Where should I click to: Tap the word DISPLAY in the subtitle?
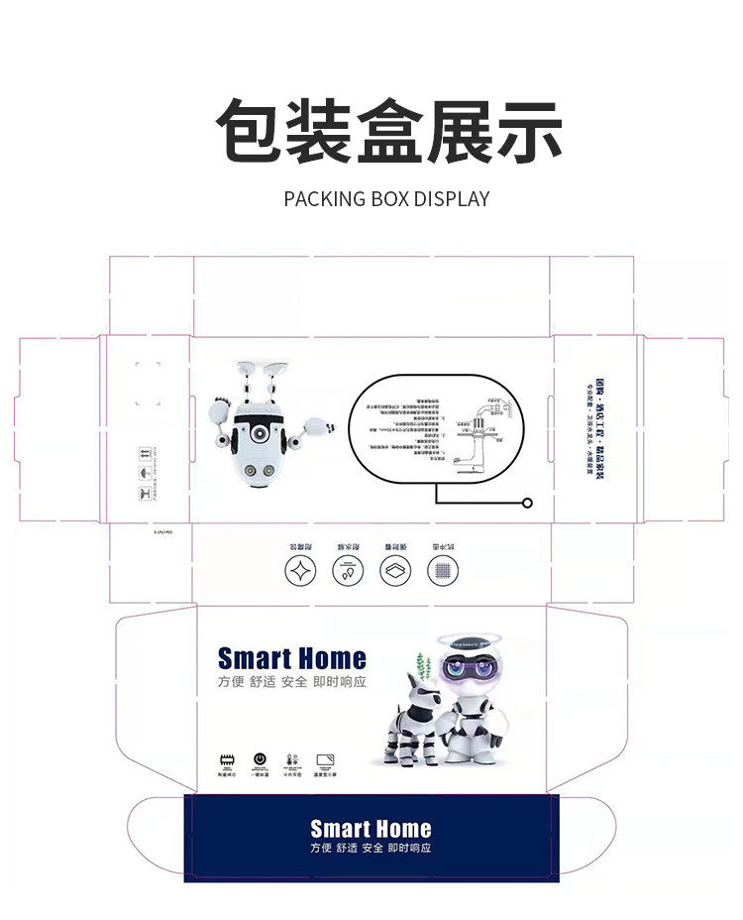(451, 198)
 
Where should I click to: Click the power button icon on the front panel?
(260, 759)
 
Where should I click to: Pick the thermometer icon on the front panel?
(291, 759)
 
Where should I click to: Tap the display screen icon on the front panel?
(325, 759)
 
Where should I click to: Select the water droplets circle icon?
(347, 572)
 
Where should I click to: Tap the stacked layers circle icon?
(394, 572)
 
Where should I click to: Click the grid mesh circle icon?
(442, 572)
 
